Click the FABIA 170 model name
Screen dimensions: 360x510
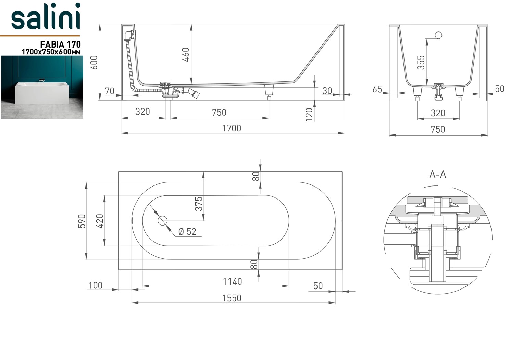tap(60, 44)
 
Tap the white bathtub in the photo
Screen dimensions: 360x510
tap(42, 92)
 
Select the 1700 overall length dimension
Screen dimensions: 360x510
tap(232, 128)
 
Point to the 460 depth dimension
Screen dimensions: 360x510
tap(185, 54)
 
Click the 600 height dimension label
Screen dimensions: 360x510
tap(94, 62)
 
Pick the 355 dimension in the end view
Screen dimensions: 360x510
tap(421, 62)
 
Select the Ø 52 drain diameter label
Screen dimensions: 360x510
tap(187, 232)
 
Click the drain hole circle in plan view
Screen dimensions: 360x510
tap(163, 220)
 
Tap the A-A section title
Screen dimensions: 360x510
tap(437, 175)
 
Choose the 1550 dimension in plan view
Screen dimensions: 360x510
tap(232, 298)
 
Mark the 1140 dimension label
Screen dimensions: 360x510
tap(232, 282)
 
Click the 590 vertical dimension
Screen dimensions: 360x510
tap(82, 221)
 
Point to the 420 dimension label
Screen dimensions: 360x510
tap(99, 221)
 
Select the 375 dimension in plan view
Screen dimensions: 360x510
tap(199, 203)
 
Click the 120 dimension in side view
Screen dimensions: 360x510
tap(309, 114)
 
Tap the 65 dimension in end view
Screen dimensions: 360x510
tap(377, 89)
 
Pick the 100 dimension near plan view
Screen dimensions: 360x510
tap(95, 285)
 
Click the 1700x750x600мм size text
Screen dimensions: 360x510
tap(51, 52)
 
